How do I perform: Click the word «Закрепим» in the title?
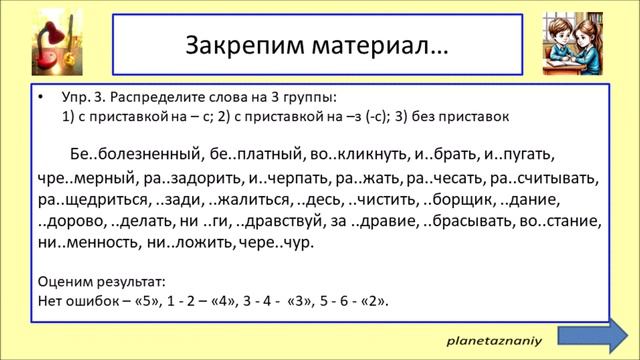[234, 47]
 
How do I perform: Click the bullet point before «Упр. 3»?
[41, 98]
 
